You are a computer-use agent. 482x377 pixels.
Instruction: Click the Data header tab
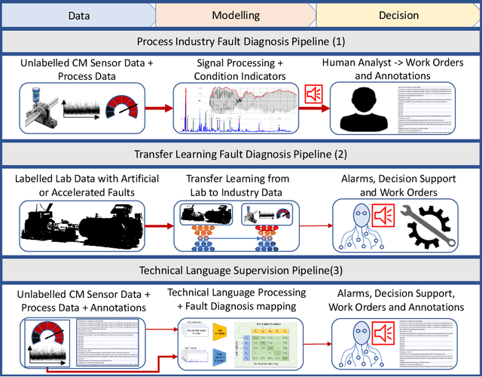click(x=77, y=14)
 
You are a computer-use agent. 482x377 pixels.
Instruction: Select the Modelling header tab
click(x=235, y=14)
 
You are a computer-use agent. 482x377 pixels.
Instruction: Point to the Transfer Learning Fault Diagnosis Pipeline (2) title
click(x=240, y=155)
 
